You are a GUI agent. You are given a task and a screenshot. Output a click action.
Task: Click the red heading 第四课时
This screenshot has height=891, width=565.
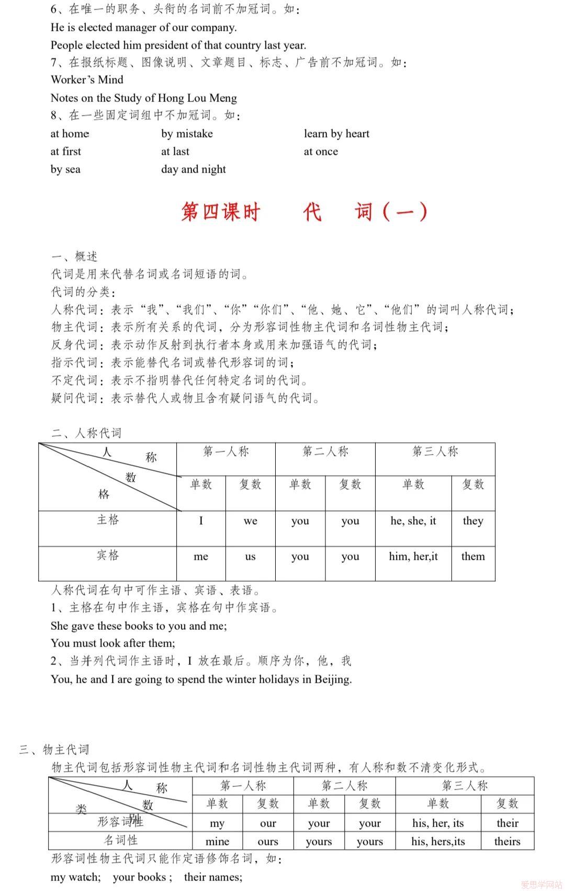click(221, 212)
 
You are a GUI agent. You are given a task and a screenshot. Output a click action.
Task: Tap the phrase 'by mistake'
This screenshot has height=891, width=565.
click(187, 134)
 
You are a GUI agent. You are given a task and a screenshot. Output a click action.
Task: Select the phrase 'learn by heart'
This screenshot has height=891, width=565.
click(336, 134)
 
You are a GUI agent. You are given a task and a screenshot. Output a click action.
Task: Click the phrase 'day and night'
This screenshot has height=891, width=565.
click(194, 170)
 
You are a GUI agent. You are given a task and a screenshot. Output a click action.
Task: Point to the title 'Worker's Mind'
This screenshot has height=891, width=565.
click(87, 80)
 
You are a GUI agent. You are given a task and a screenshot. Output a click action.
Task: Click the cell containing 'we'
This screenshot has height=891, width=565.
click(250, 521)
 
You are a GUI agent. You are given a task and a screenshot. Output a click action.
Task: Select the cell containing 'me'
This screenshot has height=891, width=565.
click(201, 557)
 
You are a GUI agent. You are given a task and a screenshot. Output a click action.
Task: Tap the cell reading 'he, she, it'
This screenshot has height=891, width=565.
click(413, 521)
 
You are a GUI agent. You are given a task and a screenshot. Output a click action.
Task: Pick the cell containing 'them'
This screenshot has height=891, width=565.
click(473, 557)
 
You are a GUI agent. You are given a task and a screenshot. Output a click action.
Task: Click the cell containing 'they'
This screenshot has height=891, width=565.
click(473, 521)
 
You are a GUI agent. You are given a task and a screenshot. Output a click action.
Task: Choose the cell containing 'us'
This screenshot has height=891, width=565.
click(250, 557)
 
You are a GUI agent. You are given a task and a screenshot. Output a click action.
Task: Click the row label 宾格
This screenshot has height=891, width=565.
click(108, 555)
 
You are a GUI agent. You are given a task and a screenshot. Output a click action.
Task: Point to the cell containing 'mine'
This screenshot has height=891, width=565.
click(217, 841)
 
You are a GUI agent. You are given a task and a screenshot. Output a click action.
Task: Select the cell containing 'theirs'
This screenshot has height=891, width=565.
click(507, 841)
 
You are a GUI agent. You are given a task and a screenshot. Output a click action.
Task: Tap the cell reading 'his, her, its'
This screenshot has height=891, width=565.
click(438, 823)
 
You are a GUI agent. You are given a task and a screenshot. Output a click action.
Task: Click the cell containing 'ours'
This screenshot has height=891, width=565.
click(268, 841)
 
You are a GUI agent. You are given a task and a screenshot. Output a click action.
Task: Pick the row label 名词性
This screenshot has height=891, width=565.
click(120, 840)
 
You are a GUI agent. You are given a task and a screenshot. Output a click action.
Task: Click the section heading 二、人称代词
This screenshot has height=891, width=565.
click(86, 433)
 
